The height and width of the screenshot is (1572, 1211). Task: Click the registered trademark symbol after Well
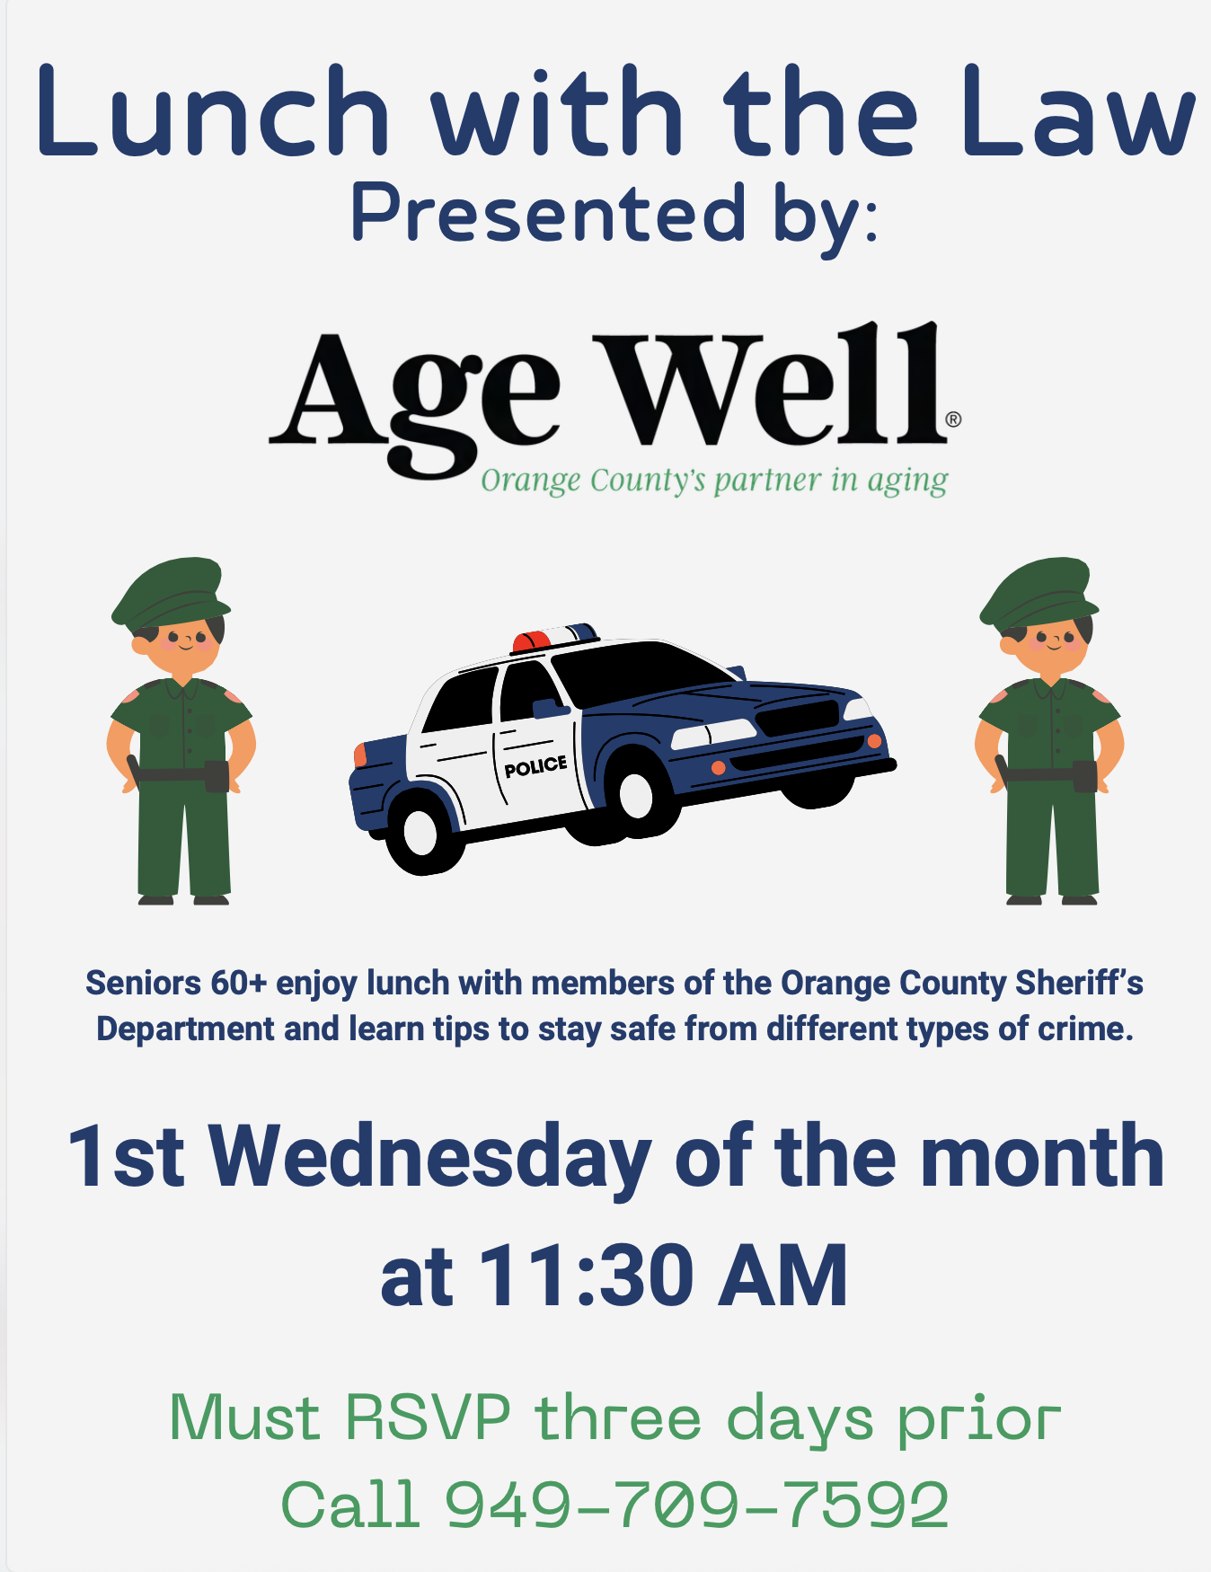point(953,419)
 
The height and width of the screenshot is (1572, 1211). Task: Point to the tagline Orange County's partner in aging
point(714,481)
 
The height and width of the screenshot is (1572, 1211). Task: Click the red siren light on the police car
point(532,640)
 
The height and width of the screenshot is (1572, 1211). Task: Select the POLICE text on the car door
point(535,765)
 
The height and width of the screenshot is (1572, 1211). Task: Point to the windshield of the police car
point(642,675)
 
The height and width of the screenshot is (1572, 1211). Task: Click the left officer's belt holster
point(217,776)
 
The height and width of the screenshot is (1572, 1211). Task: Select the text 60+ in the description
point(239,983)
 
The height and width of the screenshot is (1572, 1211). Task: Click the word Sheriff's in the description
point(1079,983)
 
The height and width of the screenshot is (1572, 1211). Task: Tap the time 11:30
point(587,1275)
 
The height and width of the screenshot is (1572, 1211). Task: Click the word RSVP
point(429,1417)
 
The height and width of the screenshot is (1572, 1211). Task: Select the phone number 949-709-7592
point(697,1505)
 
